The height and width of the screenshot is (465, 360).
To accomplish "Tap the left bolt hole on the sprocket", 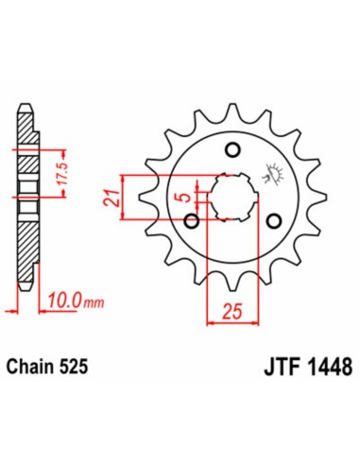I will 192,221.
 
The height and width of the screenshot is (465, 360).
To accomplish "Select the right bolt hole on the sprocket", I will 275,221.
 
